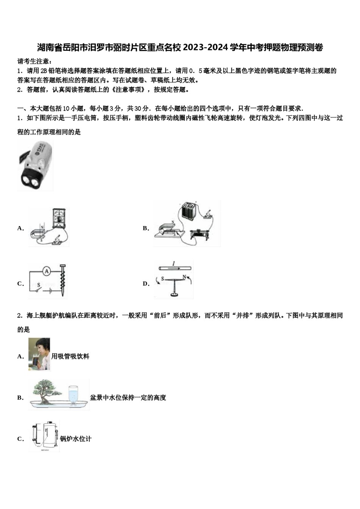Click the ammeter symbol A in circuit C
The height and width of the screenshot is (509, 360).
[46, 271]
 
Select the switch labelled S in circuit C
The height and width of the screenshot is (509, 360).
[38, 288]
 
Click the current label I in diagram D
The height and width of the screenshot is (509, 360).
[173, 264]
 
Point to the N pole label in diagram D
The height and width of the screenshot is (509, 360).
[184, 278]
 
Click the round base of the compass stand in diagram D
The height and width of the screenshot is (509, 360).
[174, 295]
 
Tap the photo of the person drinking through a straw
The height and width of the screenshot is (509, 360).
[39, 354]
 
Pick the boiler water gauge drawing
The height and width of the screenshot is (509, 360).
[45, 436]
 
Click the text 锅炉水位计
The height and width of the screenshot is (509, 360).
[76, 439]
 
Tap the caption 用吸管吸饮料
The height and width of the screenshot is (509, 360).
[70, 356]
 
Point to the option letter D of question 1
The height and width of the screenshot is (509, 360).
[146, 284]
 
